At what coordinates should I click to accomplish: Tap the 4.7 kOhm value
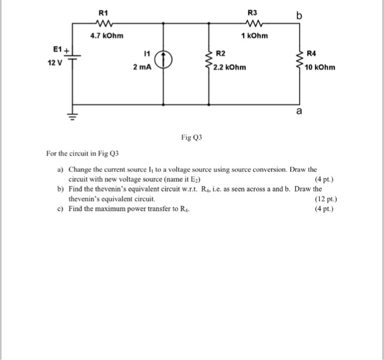(107, 36)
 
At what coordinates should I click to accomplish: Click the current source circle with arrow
(165, 59)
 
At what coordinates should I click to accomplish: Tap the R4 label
(312, 53)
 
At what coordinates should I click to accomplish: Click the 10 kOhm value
(320, 68)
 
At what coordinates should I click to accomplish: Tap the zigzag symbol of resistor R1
(103, 24)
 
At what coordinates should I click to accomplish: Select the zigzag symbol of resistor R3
(253, 24)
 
